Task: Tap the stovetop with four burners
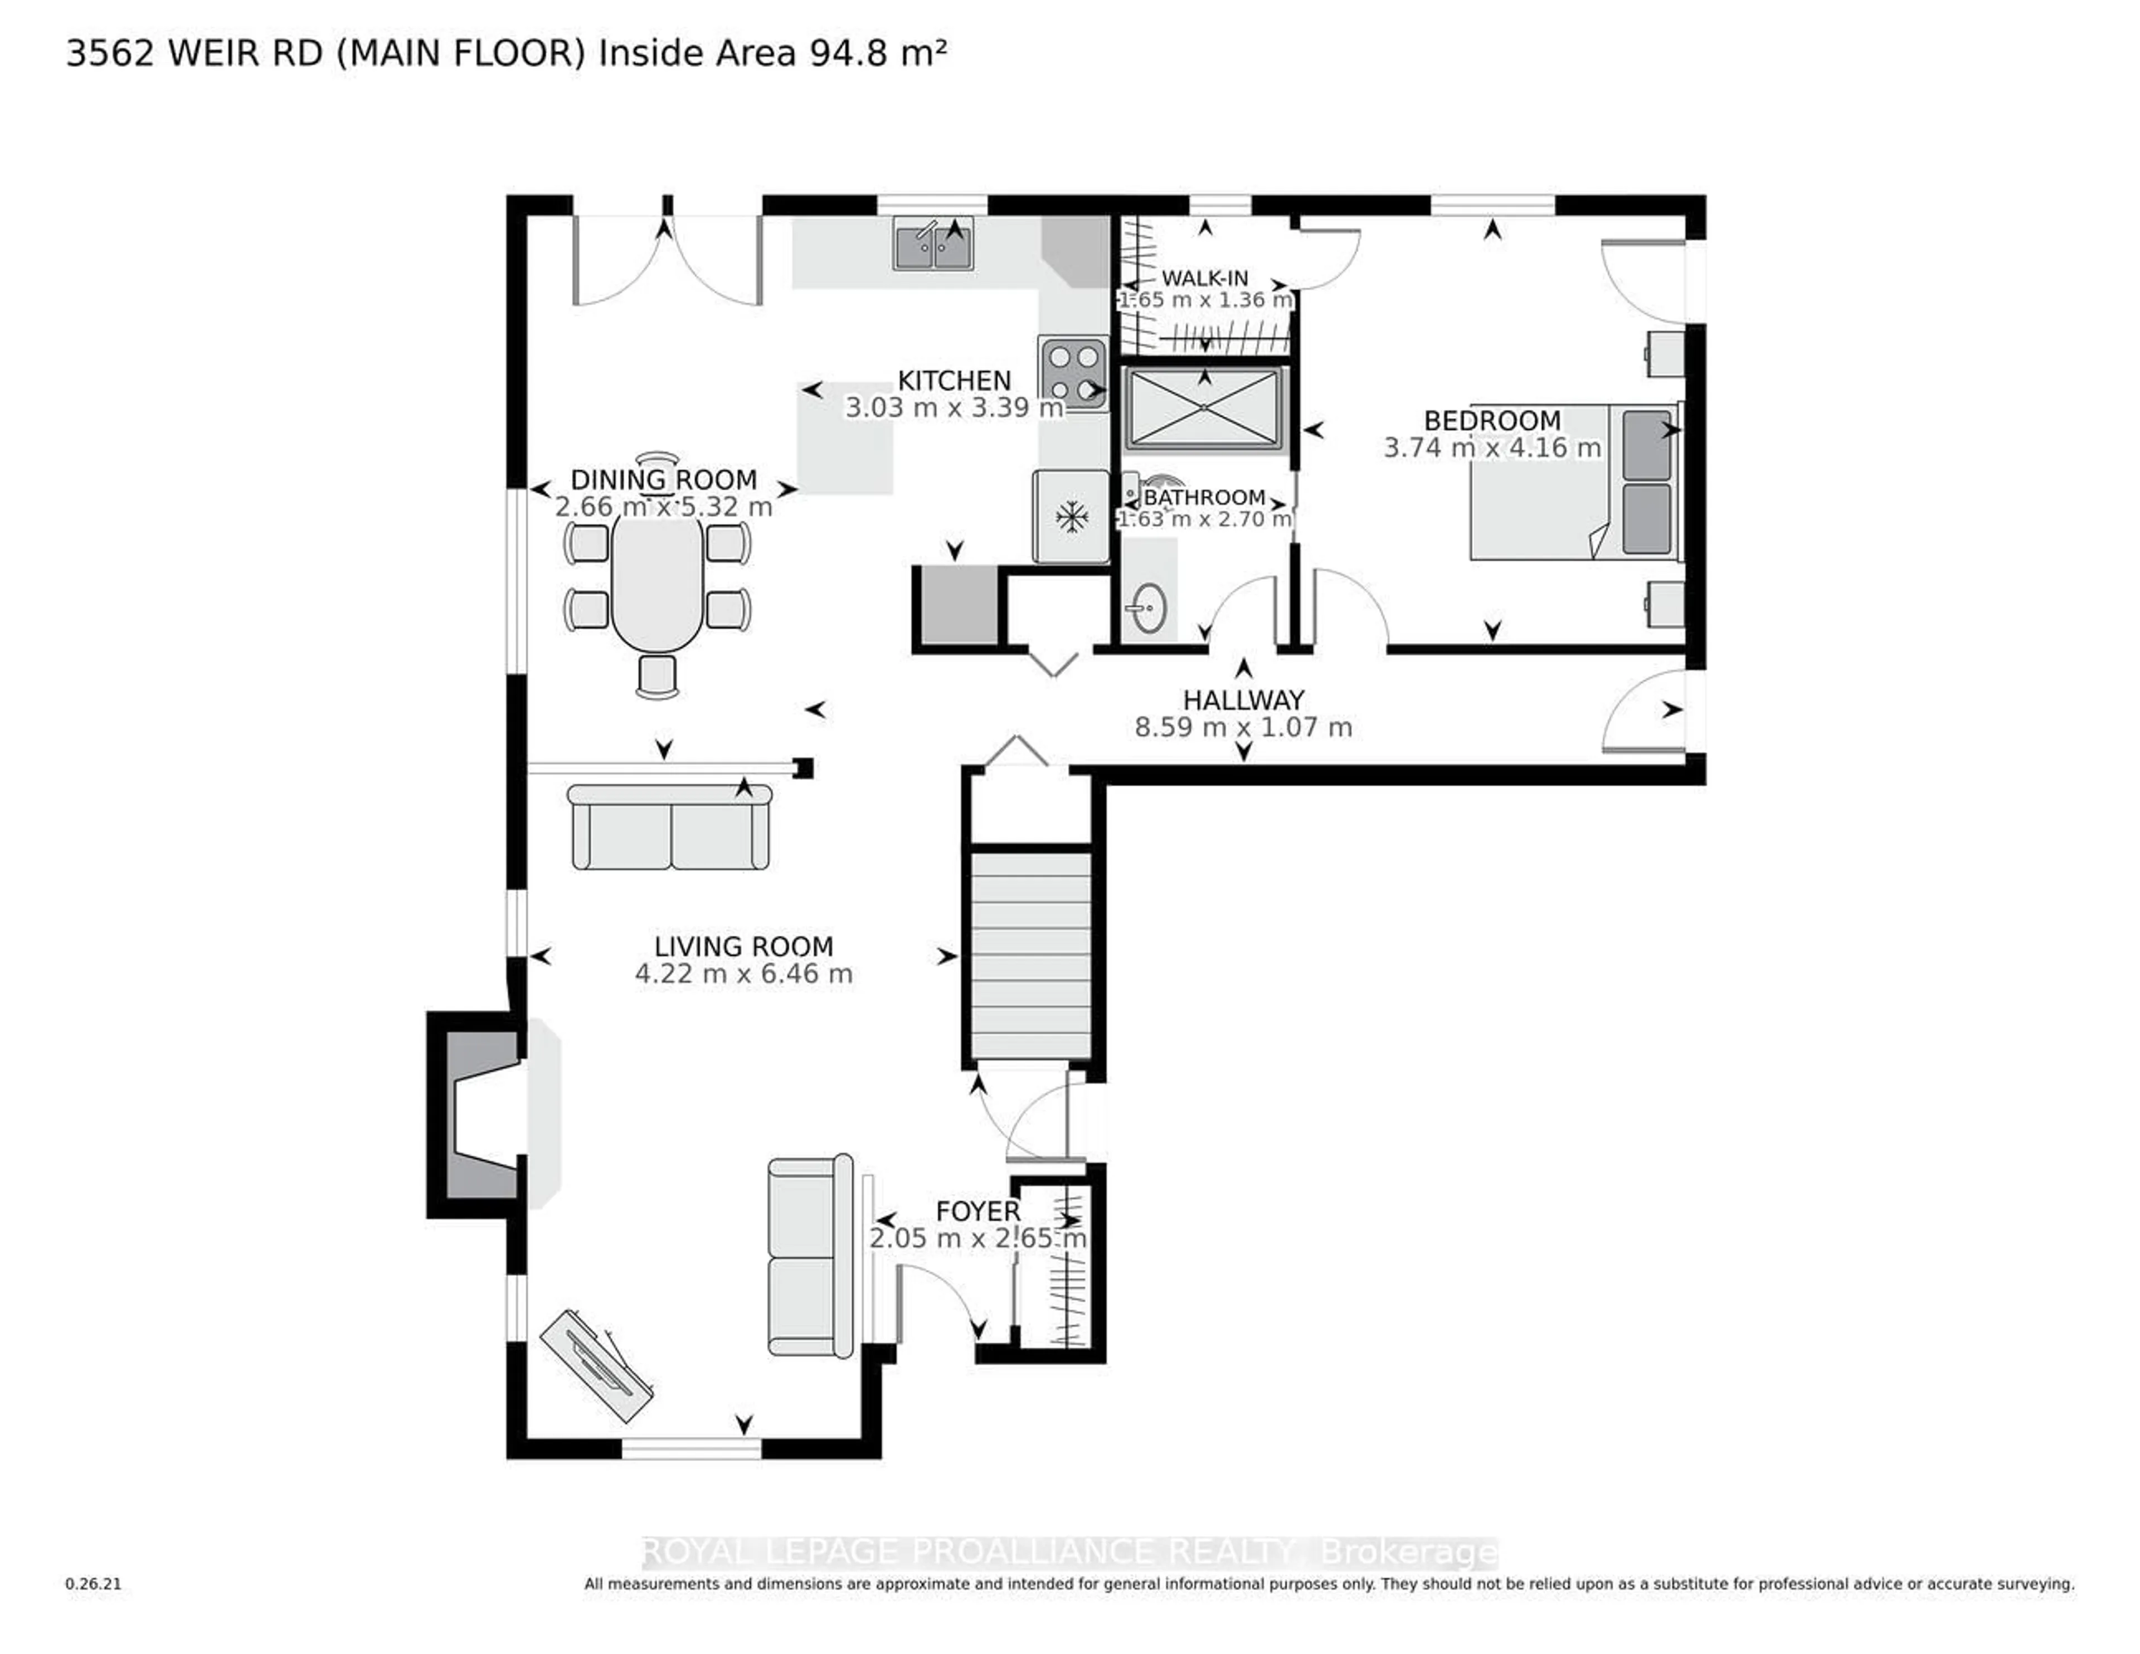pos(1072,372)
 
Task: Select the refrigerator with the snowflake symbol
pos(1071,517)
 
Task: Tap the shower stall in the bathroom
pos(1203,407)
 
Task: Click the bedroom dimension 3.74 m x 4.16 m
pos(1491,448)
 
